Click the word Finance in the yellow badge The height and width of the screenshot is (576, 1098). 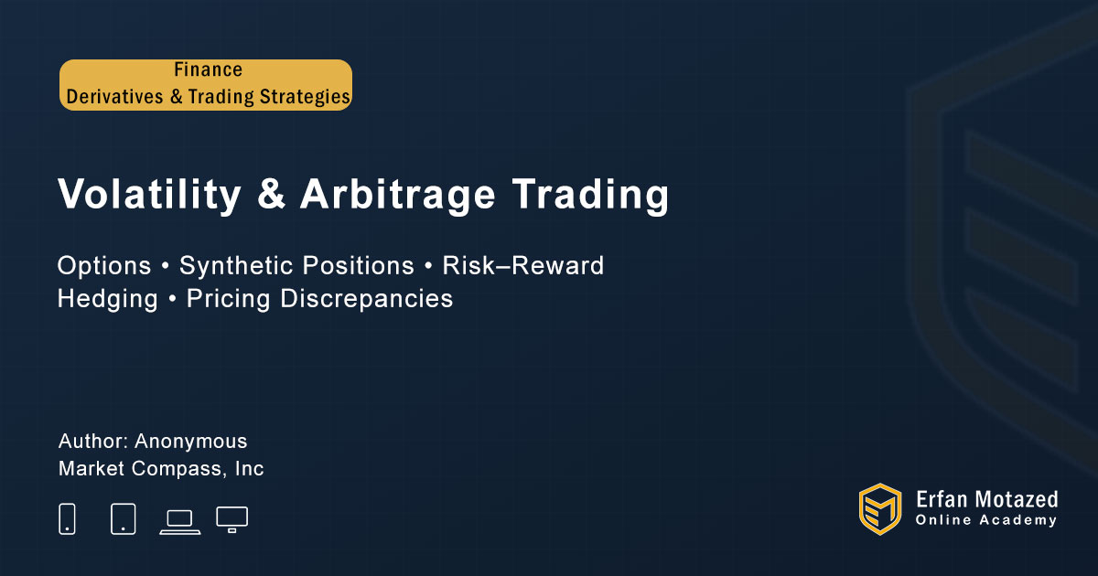click(209, 69)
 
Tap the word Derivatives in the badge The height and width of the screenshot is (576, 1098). click(114, 97)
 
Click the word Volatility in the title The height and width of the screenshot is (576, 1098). click(149, 194)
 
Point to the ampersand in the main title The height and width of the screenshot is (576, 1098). click(271, 194)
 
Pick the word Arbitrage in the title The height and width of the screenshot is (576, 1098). click(398, 194)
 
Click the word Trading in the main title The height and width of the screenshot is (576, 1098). click(590, 194)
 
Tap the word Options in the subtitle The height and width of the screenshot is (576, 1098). click(104, 266)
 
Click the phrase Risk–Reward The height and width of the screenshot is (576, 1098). click(523, 265)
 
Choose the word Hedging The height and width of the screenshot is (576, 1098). click(108, 298)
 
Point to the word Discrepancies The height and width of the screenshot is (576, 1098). click(367, 298)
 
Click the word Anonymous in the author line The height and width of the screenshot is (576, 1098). click(191, 442)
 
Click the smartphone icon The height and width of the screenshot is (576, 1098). click(67, 518)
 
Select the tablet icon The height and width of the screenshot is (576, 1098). click(123, 518)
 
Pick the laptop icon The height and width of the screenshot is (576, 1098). click(180, 522)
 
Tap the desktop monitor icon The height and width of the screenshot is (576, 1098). click(231, 519)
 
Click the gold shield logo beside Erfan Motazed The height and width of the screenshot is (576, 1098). click(880, 509)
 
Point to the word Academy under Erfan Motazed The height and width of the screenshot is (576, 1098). click(1018, 520)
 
